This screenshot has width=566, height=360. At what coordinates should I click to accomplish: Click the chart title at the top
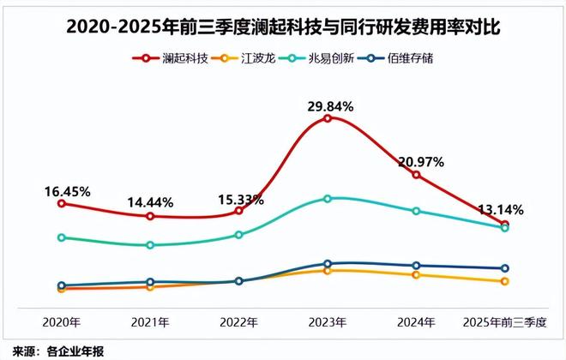283,28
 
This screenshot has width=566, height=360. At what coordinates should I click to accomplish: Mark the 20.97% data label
418,162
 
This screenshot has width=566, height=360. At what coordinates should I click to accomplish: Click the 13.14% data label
501,209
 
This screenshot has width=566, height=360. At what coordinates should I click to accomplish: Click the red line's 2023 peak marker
328,118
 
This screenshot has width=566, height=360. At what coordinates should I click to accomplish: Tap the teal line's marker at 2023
328,198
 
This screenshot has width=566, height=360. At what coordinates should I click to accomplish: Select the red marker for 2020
61,203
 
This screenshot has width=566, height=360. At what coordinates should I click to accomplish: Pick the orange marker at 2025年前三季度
505,281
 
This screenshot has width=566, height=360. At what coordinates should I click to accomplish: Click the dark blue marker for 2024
416,266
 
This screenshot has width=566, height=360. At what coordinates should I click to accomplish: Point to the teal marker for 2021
150,245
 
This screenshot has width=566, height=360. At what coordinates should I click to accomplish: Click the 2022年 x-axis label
239,322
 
